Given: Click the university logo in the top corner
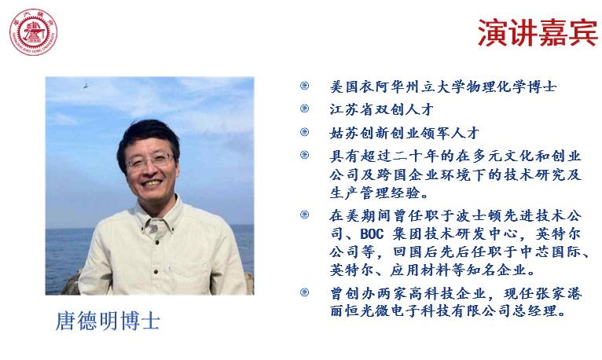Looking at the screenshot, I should pos(34,32).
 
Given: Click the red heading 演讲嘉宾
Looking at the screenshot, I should pos(537,33).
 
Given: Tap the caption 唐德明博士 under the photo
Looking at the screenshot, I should pos(108,321).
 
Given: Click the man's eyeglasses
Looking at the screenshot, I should pos(149,161).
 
